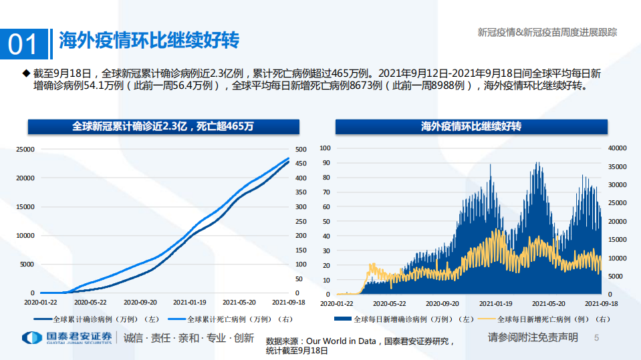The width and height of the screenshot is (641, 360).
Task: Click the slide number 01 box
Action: tap(24, 44)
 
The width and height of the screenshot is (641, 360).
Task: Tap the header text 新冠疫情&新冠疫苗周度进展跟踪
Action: tap(547, 31)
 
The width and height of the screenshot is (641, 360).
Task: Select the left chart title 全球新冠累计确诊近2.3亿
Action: tap(163, 126)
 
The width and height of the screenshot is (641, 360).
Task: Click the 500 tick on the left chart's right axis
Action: tap(301, 149)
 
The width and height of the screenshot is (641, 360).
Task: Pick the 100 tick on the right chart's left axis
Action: tap(326, 148)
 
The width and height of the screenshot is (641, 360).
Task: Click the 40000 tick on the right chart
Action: tap(618, 148)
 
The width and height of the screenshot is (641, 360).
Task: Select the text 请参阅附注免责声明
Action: tap(533, 337)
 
